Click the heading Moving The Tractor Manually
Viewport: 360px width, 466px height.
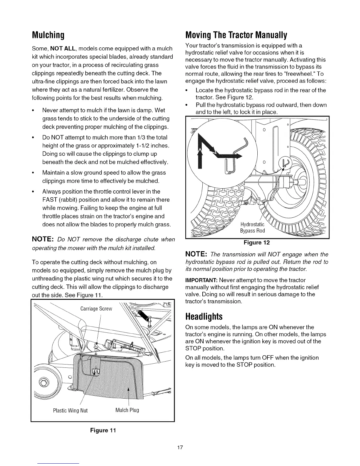(236, 36)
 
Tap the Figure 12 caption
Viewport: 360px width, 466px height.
(257, 242)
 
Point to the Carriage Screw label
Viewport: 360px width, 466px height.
(96, 309)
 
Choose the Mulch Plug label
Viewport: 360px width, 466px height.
(127, 410)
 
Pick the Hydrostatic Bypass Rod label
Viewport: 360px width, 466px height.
(252, 227)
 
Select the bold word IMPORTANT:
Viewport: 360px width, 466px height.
(201, 280)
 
